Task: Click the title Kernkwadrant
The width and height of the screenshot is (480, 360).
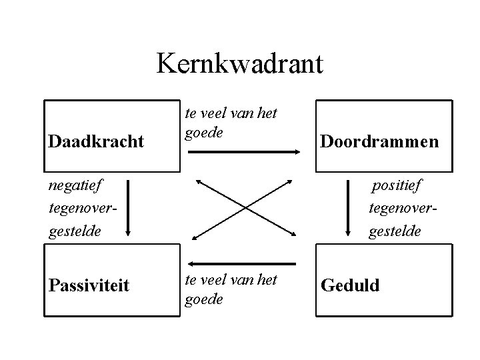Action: point(240,64)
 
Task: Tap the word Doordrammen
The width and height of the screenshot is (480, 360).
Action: point(379,141)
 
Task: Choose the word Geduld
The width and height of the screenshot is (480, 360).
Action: point(350,285)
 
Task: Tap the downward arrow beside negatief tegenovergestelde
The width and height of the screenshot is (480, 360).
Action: point(129,208)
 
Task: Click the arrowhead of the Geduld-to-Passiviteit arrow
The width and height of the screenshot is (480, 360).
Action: point(191,264)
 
